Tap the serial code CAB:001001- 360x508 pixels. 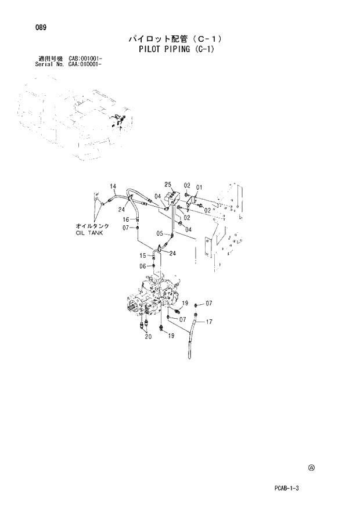pyautogui.click(x=86, y=59)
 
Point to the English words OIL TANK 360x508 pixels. pyautogui.click(x=88, y=232)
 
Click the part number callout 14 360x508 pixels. pyautogui.click(x=114, y=186)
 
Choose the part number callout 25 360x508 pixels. pyautogui.click(x=168, y=185)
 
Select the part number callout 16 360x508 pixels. pyautogui.click(x=125, y=219)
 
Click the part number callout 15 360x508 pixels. pyautogui.click(x=142, y=256)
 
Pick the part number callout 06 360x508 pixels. pyautogui.click(x=142, y=266)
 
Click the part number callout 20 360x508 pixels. pyautogui.click(x=147, y=336)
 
